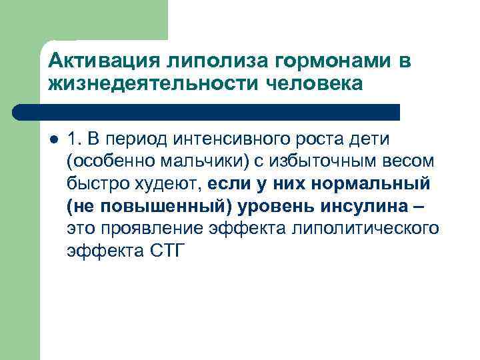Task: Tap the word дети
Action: [377, 139]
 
